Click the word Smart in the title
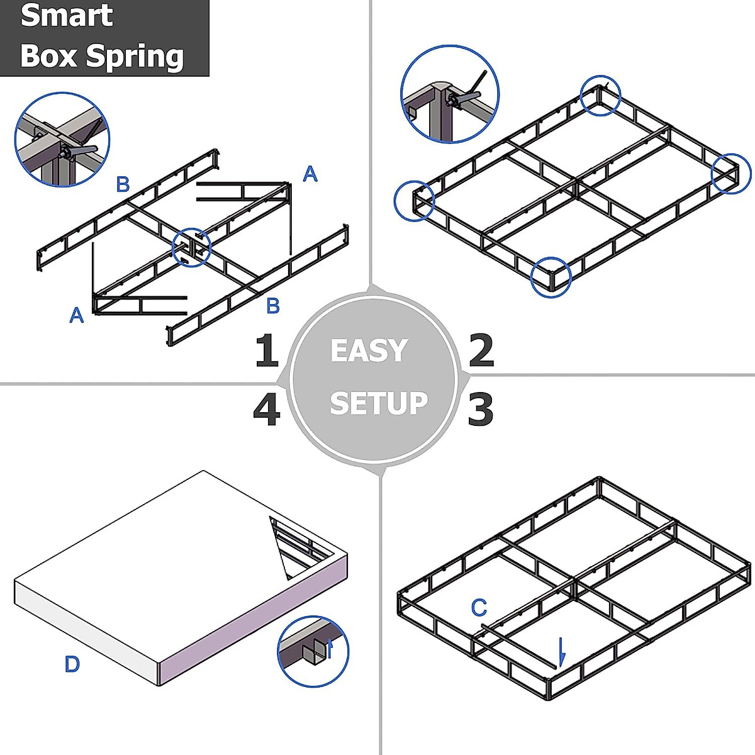[67, 15]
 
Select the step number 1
[266, 351]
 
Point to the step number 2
[481, 350]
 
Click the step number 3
[481, 409]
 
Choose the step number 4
[266, 410]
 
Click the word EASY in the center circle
[369, 350]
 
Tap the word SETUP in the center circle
[378, 403]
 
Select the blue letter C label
[479, 608]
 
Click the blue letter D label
[72, 664]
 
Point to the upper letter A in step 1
[310, 174]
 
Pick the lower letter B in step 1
[272, 306]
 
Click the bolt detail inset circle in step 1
[62, 139]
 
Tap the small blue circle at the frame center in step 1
[191, 247]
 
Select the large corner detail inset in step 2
[450, 94]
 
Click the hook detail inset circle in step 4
[313, 651]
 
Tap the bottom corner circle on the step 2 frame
[551, 277]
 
